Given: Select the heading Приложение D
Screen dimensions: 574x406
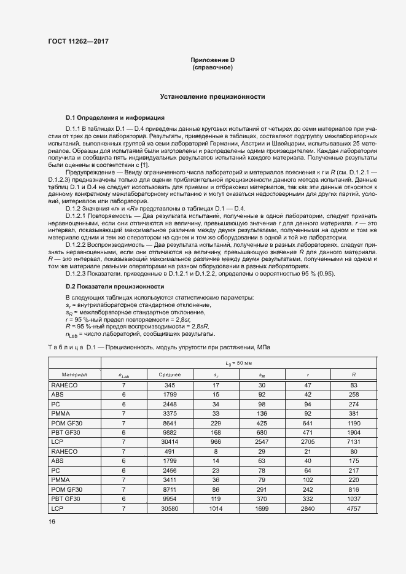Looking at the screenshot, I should click(x=213, y=60).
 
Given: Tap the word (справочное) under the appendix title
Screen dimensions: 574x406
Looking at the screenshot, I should click(x=213, y=67).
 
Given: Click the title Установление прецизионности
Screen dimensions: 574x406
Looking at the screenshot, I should click(x=213, y=96).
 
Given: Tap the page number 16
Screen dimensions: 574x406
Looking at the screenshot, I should click(x=52, y=521).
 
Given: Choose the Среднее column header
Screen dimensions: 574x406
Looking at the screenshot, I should click(x=170, y=374).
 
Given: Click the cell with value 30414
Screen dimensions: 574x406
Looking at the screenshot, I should click(x=170, y=441).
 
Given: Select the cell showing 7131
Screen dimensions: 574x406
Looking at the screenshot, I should click(x=354, y=441).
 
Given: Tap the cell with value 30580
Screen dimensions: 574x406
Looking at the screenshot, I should click(x=170, y=509).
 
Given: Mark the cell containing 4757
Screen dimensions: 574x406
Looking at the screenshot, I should click(x=354, y=509).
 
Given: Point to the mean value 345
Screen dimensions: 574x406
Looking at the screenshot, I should click(x=170, y=385).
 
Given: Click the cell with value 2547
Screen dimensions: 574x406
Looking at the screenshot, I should click(x=262, y=441).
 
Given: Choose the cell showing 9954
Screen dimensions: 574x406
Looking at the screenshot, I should click(x=170, y=499).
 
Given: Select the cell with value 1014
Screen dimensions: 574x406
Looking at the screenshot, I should click(x=216, y=509).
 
